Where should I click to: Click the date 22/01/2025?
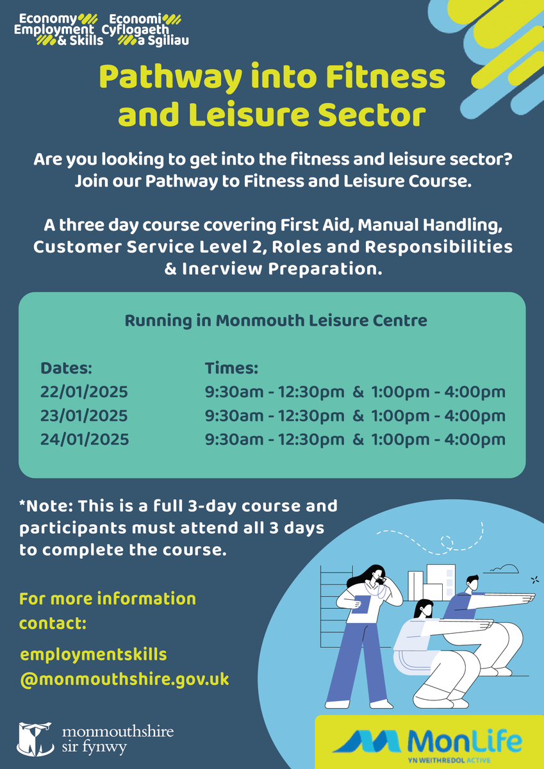coord(84,392)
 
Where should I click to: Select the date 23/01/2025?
coord(84,416)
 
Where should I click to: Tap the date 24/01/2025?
coord(85,440)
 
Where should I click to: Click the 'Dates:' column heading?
coord(67,368)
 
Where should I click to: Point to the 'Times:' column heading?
coord(231,368)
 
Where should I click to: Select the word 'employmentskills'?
coord(94,654)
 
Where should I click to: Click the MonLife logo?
coord(429,743)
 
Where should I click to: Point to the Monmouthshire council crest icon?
coord(35,738)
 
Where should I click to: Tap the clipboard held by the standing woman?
coord(361,604)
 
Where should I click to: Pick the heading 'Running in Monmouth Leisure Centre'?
coord(276,320)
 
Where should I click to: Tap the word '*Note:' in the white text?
coord(45,506)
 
